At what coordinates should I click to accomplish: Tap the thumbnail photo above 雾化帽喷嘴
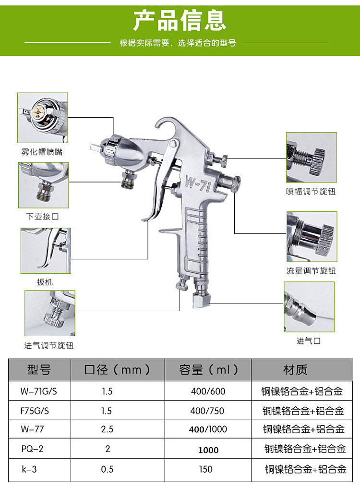pyautogui.click(x=43, y=118)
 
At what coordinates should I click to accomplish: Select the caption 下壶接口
pyautogui.click(x=42, y=217)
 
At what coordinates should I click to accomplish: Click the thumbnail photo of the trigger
pyautogui.click(x=46, y=251)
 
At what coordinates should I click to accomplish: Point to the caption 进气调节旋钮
pyautogui.click(x=49, y=345)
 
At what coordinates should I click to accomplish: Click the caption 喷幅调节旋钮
pyautogui.click(x=311, y=192)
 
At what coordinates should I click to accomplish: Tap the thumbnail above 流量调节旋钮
pyautogui.click(x=312, y=237)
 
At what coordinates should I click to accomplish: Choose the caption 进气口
pyautogui.click(x=308, y=341)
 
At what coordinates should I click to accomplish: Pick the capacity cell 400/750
pyautogui.click(x=207, y=411)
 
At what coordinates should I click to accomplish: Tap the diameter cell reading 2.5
pyautogui.click(x=107, y=429)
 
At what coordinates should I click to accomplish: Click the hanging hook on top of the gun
pyautogui.click(x=166, y=126)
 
